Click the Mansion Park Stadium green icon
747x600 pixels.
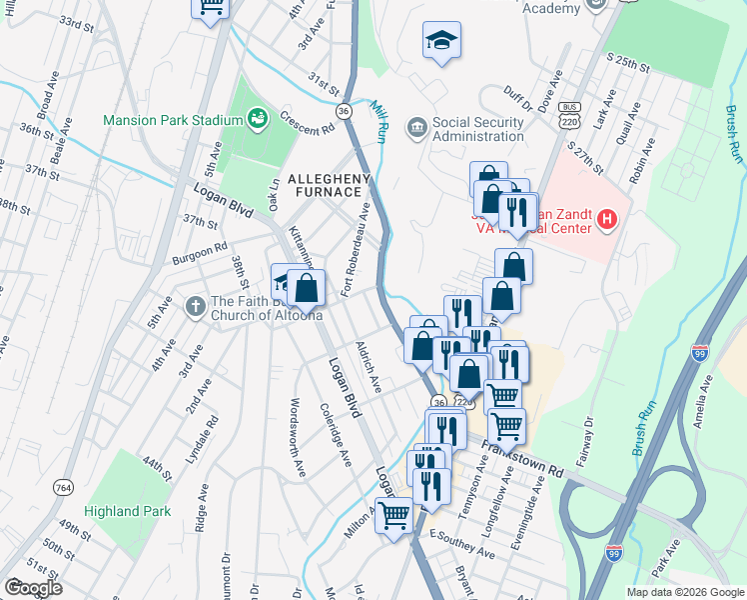coord(258,120)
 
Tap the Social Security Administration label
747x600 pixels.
coord(478,129)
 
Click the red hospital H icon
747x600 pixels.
coord(604,219)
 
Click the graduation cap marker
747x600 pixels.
coord(441,41)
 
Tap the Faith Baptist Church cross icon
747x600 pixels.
coord(195,304)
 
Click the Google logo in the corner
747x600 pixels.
coord(33,588)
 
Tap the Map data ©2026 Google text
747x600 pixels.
coord(684,592)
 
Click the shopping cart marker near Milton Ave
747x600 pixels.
coord(394,517)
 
